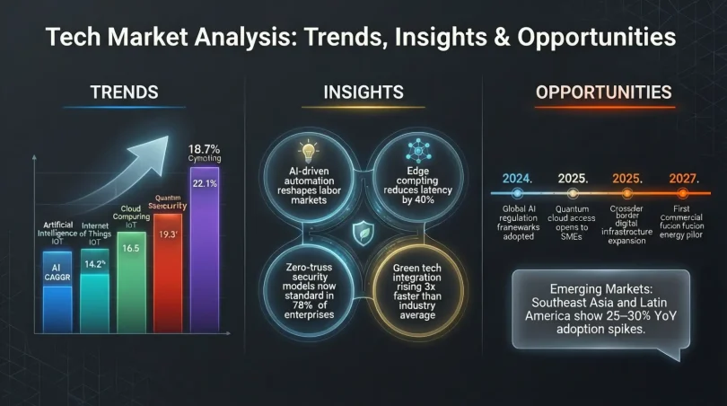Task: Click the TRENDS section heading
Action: (x=125, y=92)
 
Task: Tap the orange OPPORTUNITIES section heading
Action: (x=603, y=92)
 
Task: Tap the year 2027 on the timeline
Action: (x=685, y=179)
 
